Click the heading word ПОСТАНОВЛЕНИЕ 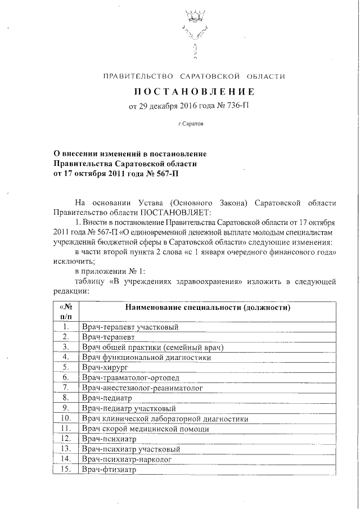coord(194,92)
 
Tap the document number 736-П coord(236,106)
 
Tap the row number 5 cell coord(66,367)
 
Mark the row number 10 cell coord(66,418)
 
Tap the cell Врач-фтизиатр coord(109,469)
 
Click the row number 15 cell coord(66,469)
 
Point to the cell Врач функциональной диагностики coord(146,357)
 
